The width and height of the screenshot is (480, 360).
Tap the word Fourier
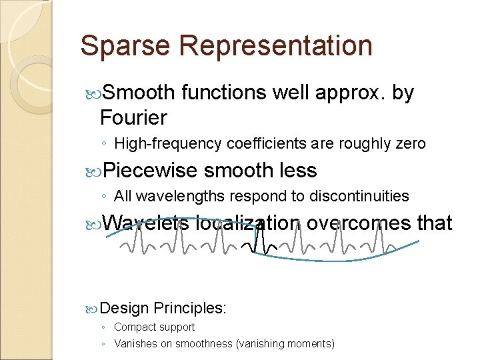tap(133, 118)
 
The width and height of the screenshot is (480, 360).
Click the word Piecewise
tap(151, 171)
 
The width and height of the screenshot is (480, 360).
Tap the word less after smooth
tap(295, 171)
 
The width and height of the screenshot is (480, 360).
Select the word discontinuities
tap(362, 196)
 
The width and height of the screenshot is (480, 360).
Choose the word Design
tap(126, 308)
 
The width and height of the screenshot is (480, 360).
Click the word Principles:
tap(191, 308)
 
